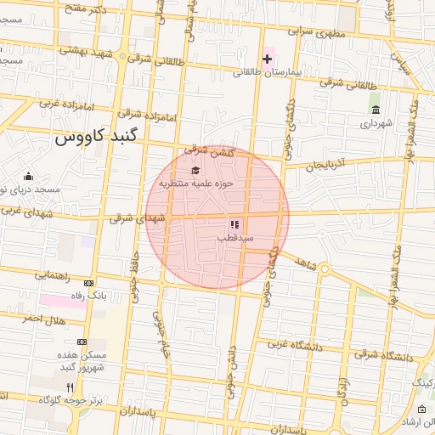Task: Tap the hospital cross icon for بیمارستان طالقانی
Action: [268, 59]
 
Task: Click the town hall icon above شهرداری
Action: [376, 110]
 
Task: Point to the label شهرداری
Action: [376, 124]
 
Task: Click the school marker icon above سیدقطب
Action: [234, 225]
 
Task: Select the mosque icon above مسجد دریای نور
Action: [28, 176]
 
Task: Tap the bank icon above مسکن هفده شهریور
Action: [82, 342]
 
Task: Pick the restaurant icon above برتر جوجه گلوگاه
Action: [70, 387]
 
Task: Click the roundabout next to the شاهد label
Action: [325, 269]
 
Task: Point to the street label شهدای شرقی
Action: [133, 218]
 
